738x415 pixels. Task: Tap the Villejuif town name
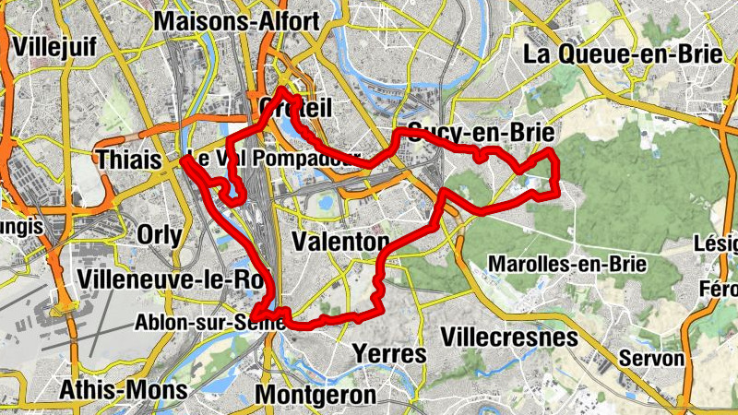56,46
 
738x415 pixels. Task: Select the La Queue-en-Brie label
622,53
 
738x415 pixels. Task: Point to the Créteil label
295,108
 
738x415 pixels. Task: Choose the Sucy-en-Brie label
480,132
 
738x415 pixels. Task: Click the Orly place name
159,234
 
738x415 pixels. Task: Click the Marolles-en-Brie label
570,264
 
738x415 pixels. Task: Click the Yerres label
390,354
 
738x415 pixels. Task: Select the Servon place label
652,358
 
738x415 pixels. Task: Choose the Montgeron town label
315,395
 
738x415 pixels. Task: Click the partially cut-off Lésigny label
719,243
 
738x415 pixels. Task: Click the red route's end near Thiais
184,160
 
